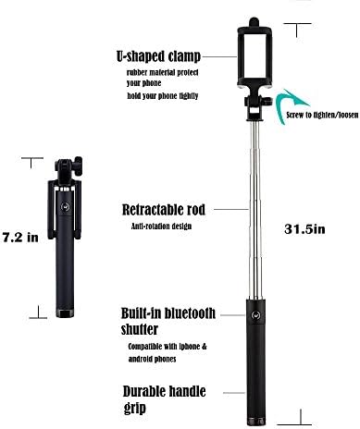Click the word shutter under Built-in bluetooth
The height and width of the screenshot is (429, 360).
coord(143,327)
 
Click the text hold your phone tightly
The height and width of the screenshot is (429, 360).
coord(163,96)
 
